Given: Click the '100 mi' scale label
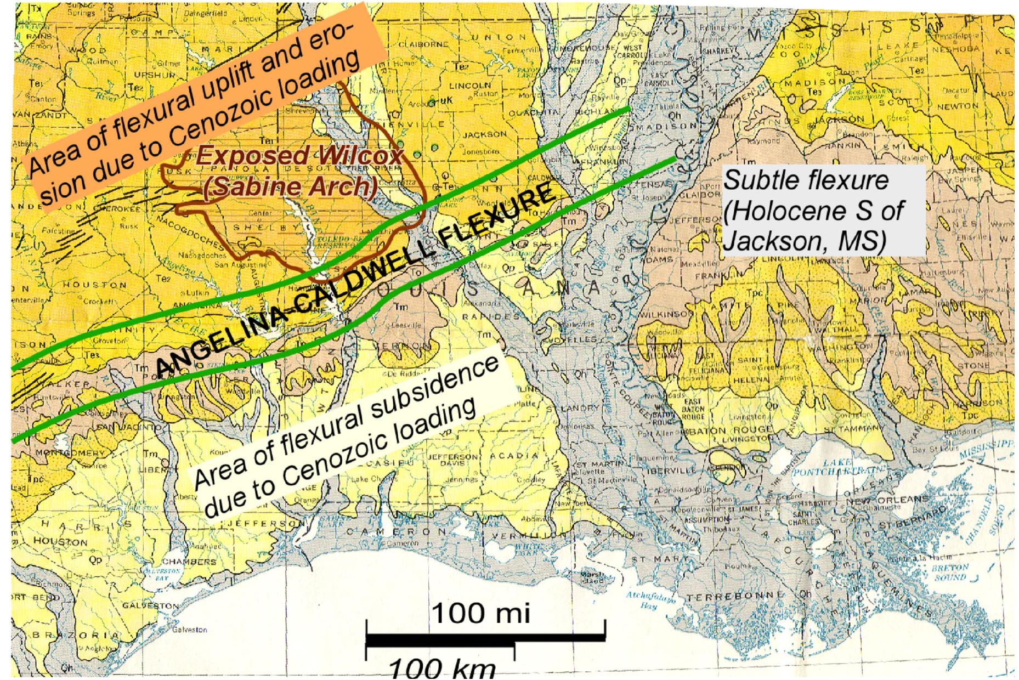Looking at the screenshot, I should [x=482, y=613].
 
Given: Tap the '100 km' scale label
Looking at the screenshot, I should [x=442, y=670].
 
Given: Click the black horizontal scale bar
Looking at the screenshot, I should [x=485, y=639].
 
